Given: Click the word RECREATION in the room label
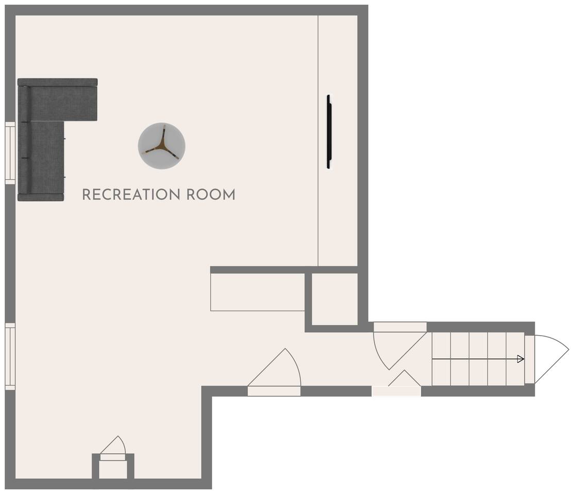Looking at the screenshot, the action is [x=131, y=194].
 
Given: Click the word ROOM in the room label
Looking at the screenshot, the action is [x=211, y=194].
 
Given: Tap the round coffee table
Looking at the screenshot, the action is [x=162, y=146].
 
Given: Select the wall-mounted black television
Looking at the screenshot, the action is [x=329, y=132].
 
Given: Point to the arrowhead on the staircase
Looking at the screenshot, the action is [x=520, y=359].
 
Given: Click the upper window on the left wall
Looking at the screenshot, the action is [x=10, y=153].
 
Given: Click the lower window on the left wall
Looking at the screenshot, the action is [x=10, y=356].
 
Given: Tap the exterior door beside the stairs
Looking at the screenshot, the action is [x=546, y=359].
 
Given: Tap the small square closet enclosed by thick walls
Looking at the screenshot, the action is [x=335, y=299].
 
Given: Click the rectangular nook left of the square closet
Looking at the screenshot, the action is [x=258, y=292].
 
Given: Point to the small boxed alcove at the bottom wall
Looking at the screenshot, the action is [x=113, y=470].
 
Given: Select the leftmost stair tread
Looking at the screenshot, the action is [x=441, y=359].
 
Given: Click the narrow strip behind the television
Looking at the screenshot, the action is [x=338, y=141].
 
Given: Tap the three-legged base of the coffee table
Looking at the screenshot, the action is [x=162, y=143].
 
